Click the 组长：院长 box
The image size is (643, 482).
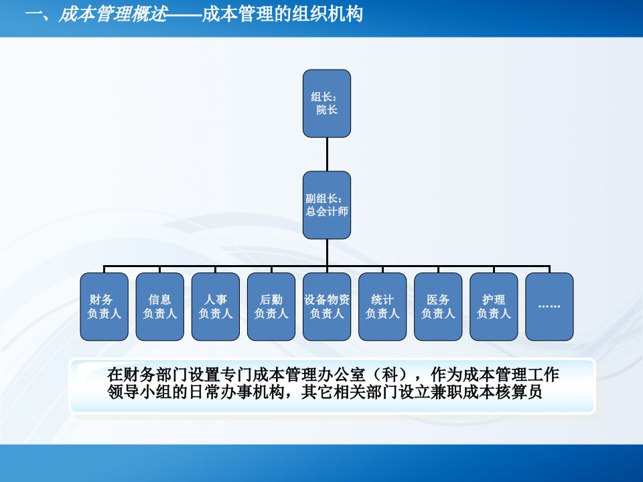click(x=327, y=103)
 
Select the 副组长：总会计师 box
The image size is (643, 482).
click(x=327, y=205)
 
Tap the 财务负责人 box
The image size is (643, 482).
click(x=104, y=307)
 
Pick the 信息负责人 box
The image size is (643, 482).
click(x=160, y=307)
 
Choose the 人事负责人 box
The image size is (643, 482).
click(x=216, y=307)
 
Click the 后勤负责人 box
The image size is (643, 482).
click(x=271, y=307)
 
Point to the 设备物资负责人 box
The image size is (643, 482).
click(x=327, y=307)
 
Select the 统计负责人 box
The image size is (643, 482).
click(x=382, y=307)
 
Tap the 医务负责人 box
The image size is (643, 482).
click(x=438, y=307)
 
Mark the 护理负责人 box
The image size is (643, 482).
click(x=494, y=307)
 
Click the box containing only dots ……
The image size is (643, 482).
click(x=549, y=307)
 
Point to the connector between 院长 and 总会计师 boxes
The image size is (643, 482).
click(x=327, y=154)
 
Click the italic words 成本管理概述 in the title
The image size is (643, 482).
click(x=113, y=14)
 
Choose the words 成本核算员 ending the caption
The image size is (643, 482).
click(x=502, y=392)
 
